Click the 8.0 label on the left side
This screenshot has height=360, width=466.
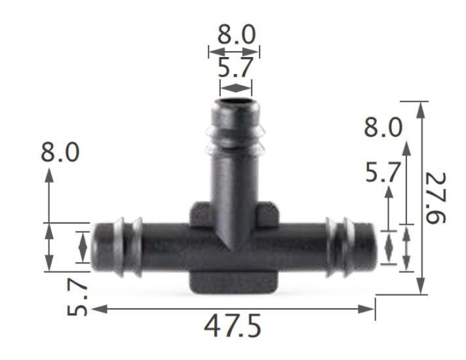tap(60, 153)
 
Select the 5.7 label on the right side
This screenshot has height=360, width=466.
tap(382, 173)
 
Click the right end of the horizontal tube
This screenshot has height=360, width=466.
tap(373, 247)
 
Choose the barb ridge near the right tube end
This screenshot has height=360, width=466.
tap(341, 247)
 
